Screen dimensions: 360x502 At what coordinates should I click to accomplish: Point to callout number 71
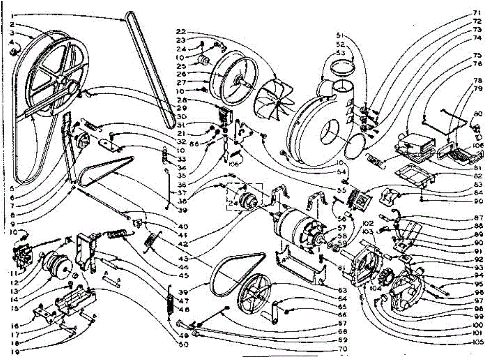click(x=477, y=13)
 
